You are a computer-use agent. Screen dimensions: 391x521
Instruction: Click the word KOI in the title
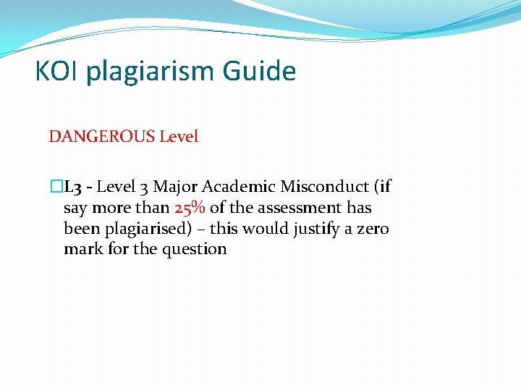(56, 72)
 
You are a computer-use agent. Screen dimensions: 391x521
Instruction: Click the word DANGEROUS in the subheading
(101, 136)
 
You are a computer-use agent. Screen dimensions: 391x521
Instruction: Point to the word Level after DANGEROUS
(179, 136)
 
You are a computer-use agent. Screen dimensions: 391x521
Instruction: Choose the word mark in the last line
(80, 249)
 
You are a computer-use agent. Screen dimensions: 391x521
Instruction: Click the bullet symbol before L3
(56, 187)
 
